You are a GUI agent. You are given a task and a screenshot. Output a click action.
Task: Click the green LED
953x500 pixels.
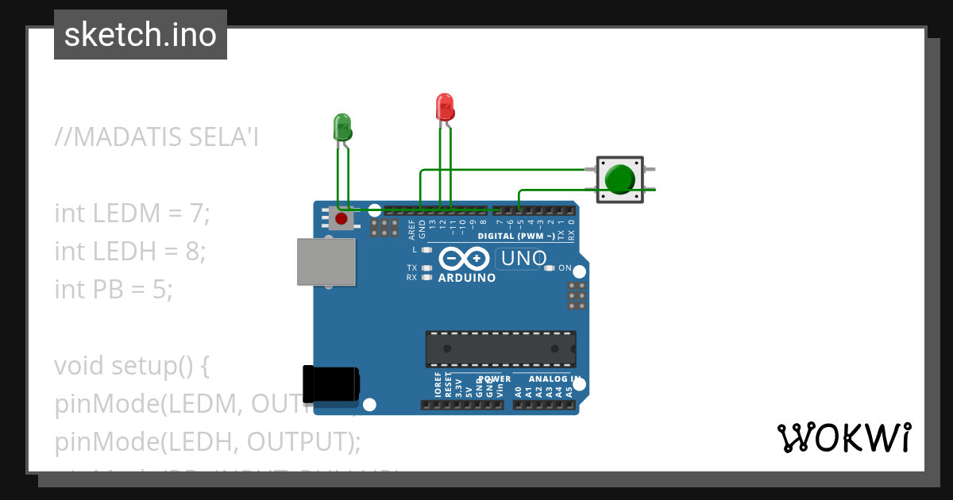pos(342,127)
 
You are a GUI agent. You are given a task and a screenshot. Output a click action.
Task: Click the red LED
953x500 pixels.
pos(445,107)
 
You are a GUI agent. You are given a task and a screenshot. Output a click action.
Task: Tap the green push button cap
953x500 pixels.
pos(619,179)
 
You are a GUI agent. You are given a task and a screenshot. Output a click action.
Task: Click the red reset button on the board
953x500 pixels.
pos(341,218)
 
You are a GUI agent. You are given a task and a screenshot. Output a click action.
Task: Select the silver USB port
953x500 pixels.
pos(326,261)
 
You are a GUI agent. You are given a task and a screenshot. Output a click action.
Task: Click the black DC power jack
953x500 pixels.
pos(332,384)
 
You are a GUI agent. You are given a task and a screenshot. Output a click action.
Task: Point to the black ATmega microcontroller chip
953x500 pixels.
pos(500,348)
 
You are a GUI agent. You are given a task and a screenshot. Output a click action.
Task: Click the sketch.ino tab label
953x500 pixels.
pos(141,35)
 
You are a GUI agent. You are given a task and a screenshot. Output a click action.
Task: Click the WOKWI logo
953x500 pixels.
pos(844,438)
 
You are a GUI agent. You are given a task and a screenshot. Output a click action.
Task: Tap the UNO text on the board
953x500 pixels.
pos(523,259)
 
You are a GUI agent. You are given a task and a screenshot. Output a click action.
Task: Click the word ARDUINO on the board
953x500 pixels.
pos(467,279)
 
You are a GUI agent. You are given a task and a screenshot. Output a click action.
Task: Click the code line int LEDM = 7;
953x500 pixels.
pos(132,213)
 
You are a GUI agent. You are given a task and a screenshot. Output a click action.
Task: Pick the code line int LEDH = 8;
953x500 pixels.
pos(130,252)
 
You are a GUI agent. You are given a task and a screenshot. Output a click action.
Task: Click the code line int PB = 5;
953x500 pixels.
pos(114,290)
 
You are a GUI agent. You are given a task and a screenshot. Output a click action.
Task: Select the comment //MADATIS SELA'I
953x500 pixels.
pos(156,137)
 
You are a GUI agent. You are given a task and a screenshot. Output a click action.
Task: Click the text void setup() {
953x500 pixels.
pos(131,366)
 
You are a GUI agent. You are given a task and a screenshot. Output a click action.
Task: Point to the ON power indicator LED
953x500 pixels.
pos(550,268)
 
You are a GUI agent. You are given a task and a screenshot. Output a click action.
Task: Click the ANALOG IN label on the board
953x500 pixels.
pos(554,379)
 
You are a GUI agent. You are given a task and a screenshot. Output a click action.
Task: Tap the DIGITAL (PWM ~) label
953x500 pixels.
pos(515,237)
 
